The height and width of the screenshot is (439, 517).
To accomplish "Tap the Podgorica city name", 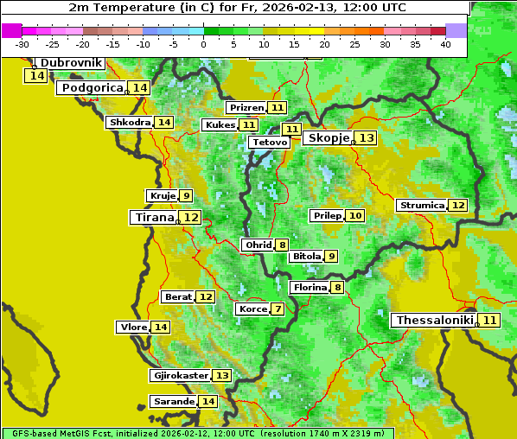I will (x=91, y=88).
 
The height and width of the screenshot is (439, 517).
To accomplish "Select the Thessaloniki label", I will (x=435, y=321).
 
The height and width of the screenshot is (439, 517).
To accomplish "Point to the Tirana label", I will (x=152, y=218).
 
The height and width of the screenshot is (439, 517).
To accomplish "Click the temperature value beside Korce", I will (x=278, y=309).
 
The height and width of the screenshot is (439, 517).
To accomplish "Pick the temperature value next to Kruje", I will (x=187, y=196).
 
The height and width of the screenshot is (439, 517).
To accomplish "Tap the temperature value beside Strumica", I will (x=457, y=206).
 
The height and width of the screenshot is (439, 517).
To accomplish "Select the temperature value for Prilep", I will (x=354, y=215).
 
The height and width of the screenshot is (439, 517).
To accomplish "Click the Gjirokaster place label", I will (x=180, y=376).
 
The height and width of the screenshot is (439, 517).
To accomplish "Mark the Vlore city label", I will (x=132, y=328).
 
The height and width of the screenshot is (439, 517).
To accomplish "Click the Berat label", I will (x=178, y=297).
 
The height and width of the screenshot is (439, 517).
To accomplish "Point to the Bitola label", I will (x=306, y=257).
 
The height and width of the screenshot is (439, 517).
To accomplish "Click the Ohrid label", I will (x=258, y=245).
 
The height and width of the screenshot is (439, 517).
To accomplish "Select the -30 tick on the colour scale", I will (x=22, y=44).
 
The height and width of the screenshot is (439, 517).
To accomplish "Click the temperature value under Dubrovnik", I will (x=36, y=76).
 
